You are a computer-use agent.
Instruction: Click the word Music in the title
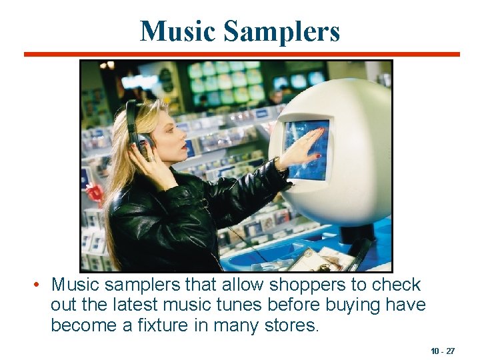tap(177, 31)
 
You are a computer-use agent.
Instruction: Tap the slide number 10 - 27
tap(443, 351)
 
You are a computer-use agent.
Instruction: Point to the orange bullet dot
tap(38, 285)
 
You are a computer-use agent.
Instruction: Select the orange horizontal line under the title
tap(241, 54)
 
